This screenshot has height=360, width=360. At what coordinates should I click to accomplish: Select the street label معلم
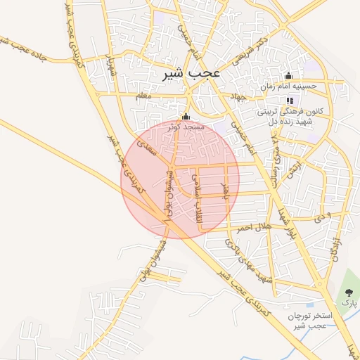click(x=143, y=95)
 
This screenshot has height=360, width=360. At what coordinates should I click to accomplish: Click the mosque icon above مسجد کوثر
click(x=186, y=117)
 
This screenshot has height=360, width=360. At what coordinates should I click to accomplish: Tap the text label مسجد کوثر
click(x=186, y=127)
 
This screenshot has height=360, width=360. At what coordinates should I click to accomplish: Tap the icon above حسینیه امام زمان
click(x=288, y=76)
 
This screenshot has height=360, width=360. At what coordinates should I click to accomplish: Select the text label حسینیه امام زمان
click(x=290, y=86)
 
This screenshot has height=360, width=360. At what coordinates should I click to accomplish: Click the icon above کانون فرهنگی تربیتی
click(x=289, y=101)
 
